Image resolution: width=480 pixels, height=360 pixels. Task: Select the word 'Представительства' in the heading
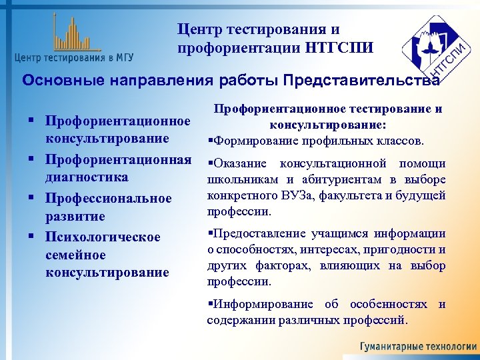(361, 81)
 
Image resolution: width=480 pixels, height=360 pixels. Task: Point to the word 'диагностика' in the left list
(87, 178)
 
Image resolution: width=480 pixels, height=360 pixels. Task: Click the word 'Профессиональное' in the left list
(109, 198)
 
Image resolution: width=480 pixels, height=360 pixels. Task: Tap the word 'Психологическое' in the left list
(103, 237)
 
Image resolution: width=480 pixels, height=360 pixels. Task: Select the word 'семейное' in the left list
(76, 255)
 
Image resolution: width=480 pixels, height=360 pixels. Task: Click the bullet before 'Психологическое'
(31, 237)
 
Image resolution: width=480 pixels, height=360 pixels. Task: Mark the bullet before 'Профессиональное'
(31, 198)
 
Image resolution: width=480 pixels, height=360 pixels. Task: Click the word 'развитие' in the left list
(75, 217)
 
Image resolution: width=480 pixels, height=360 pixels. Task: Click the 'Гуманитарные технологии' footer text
(418, 347)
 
